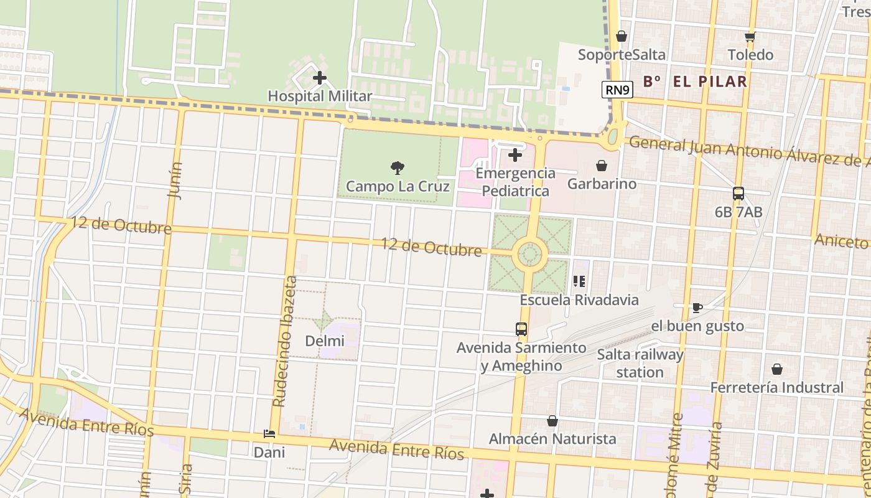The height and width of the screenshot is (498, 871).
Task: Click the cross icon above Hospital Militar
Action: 320,78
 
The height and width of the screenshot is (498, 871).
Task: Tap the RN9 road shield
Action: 618,90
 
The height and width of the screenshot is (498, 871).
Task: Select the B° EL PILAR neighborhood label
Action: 695,81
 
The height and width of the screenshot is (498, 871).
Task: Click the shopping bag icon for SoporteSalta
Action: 621,37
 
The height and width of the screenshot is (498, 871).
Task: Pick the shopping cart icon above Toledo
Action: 750,37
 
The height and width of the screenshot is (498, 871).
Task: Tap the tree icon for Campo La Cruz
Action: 397,167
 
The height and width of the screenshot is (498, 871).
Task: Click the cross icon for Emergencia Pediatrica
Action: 515,155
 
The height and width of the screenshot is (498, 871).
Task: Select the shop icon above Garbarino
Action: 602,166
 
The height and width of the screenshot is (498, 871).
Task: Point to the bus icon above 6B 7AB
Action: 738,194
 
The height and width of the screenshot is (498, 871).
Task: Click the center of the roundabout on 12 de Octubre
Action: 529,254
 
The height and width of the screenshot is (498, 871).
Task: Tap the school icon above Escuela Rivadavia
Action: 579,281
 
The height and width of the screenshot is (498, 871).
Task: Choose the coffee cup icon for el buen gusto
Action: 697,308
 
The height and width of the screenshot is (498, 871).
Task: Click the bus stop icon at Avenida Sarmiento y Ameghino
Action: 521,329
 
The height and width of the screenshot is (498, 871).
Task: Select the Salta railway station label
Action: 640,364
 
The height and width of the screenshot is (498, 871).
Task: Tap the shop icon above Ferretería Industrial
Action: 777,369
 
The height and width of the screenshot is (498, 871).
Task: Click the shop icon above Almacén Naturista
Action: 552,421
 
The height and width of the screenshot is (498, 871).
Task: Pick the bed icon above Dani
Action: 269,434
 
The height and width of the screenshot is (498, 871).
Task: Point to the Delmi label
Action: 325,341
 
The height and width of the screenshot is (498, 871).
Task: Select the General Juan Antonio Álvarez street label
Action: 747,151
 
